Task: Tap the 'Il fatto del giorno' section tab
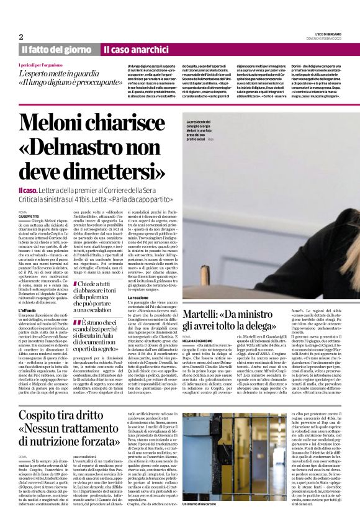(x=58, y=49)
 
